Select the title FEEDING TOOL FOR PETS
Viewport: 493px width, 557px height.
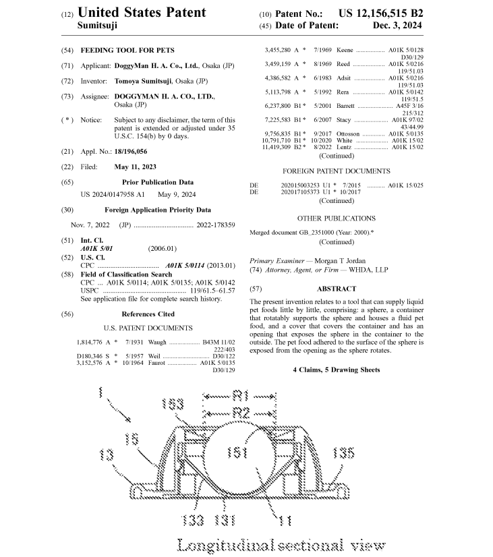click(x=127, y=51)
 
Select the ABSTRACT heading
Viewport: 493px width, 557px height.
click(x=337, y=289)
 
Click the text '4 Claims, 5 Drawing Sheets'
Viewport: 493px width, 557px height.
click(x=336, y=370)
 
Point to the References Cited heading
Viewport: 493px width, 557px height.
click(x=148, y=314)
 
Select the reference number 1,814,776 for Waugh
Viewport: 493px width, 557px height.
click(x=88, y=342)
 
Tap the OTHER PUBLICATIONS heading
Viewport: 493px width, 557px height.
click(x=336, y=218)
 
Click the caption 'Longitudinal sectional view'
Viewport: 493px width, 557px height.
click(x=280, y=544)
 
